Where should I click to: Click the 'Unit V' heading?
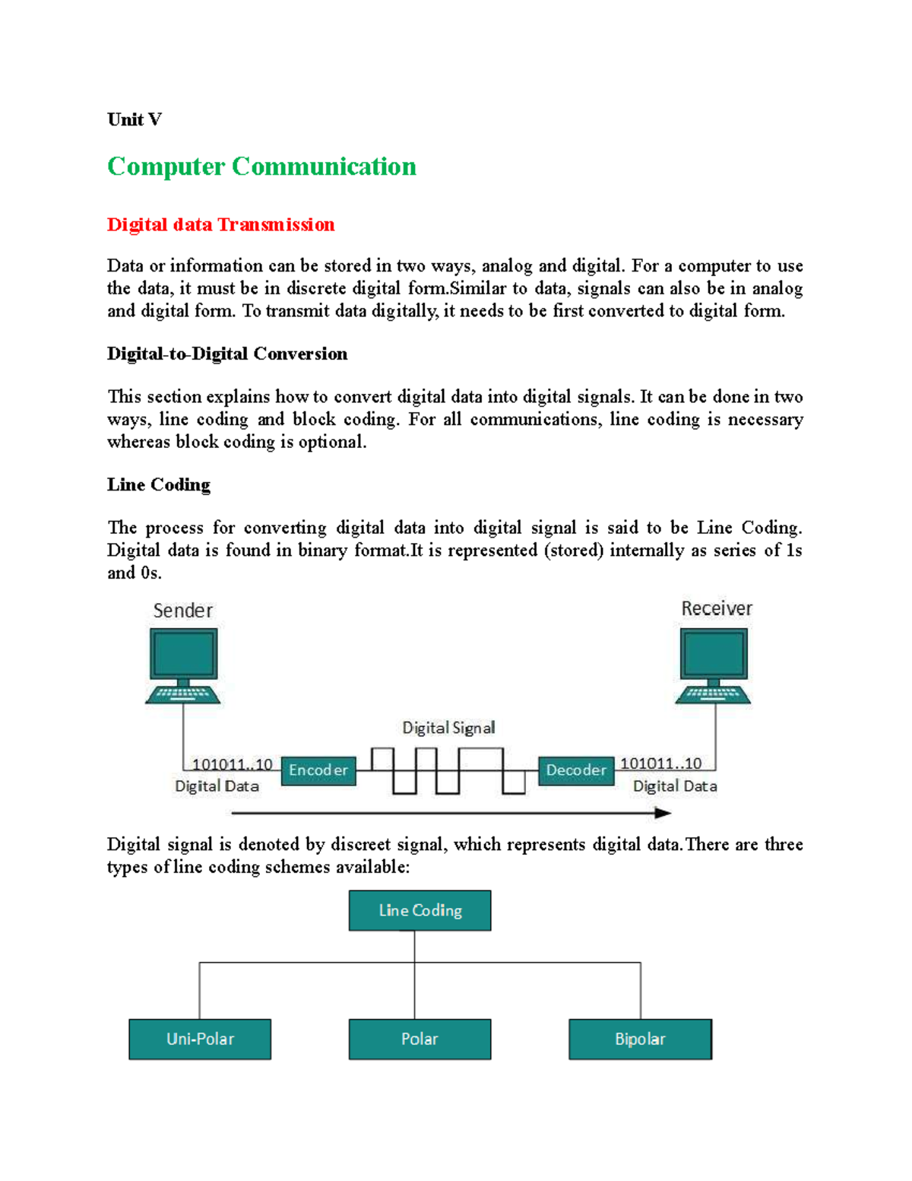[x=134, y=119]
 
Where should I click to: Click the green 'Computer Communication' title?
[x=261, y=167]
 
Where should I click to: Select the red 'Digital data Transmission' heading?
[x=220, y=224]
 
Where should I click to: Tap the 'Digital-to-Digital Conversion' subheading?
[x=226, y=354]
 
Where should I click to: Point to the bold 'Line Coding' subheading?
[x=158, y=484]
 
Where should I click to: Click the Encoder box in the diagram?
[x=318, y=770]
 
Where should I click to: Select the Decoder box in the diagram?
[x=576, y=770]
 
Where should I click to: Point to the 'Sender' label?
[x=182, y=611]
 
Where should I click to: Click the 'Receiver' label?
[x=716, y=608]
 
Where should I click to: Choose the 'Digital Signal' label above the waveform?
[x=448, y=728]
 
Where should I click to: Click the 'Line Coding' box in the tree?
[x=420, y=910]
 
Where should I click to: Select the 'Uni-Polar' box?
[x=200, y=1039]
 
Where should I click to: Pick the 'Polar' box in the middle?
[x=420, y=1039]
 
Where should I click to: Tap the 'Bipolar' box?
[x=640, y=1039]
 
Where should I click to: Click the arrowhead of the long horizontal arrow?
[x=663, y=813]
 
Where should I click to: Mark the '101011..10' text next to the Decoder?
[x=660, y=764]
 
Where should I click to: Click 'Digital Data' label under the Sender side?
[x=217, y=786]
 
